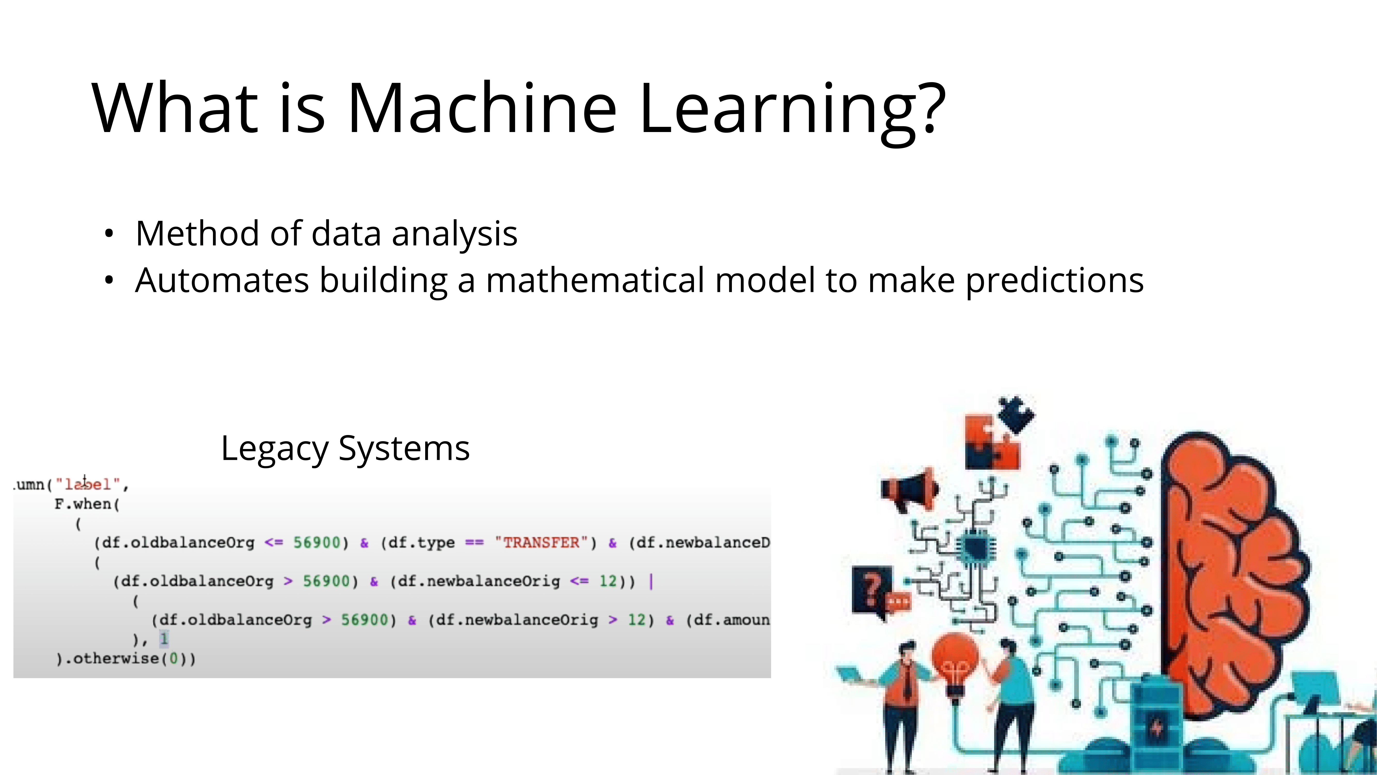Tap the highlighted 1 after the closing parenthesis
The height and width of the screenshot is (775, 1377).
(x=164, y=639)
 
